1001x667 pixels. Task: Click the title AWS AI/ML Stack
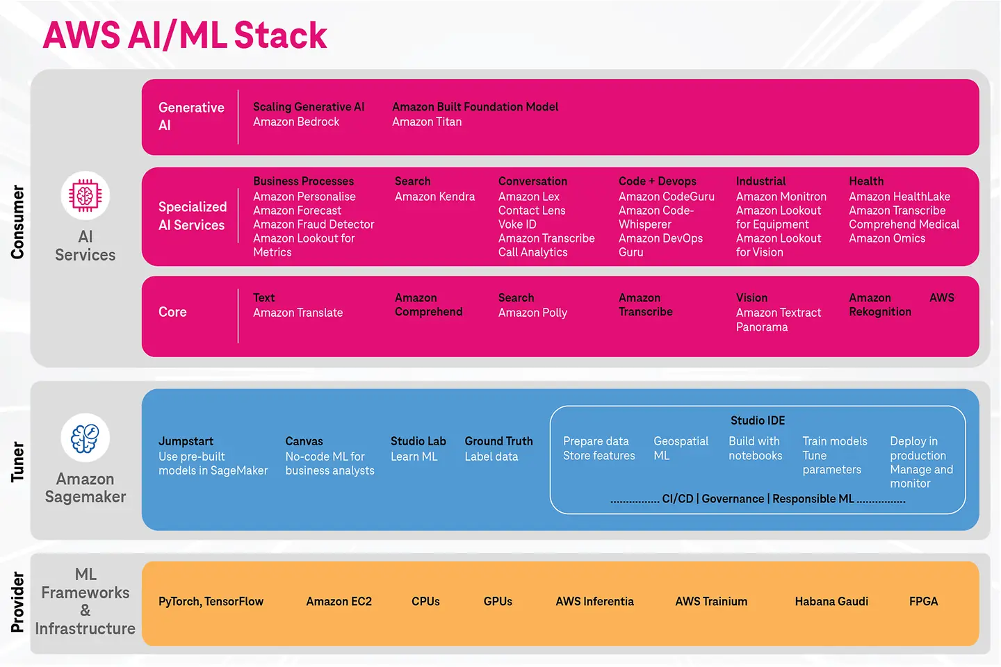(184, 35)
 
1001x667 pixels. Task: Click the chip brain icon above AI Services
(85, 195)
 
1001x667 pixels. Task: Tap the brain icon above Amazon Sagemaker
(85, 438)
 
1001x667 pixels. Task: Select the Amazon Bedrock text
(296, 122)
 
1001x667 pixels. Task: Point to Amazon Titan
(427, 122)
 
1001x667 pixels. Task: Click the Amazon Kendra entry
(434, 197)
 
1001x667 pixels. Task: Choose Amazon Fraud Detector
(314, 224)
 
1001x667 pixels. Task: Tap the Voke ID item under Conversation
(517, 224)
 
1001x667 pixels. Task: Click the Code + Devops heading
(657, 181)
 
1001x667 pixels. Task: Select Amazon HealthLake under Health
(899, 197)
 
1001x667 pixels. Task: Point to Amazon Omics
(887, 238)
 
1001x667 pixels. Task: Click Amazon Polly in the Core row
(532, 313)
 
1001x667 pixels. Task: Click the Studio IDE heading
(757, 420)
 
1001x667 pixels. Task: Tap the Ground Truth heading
(498, 441)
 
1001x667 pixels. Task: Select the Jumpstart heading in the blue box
(186, 441)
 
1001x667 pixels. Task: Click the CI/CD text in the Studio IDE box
(677, 499)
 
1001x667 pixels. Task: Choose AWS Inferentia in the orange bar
(594, 602)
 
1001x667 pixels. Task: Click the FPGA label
(923, 602)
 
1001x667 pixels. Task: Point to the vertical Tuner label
(17, 461)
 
